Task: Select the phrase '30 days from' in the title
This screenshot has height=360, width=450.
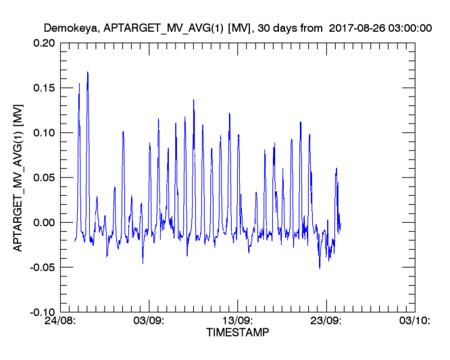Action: (282, 28)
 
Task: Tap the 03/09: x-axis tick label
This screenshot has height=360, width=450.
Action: (149, 322)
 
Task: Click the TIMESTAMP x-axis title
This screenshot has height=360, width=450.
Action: (236, 333)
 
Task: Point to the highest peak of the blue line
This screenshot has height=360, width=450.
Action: (88, 72)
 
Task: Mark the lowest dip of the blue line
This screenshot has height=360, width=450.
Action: (320, 268)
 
